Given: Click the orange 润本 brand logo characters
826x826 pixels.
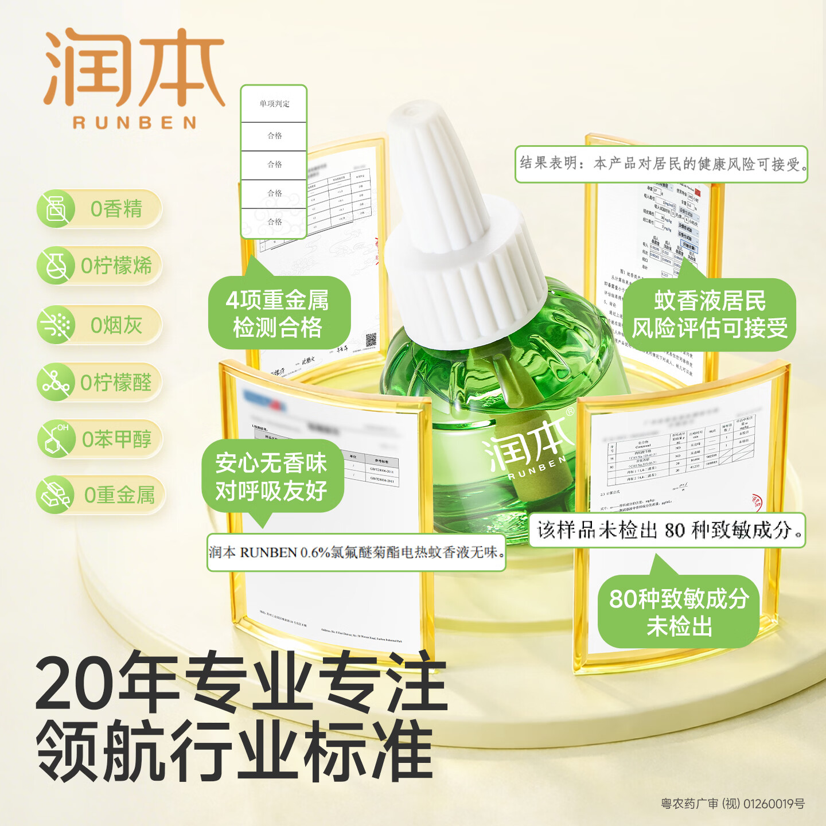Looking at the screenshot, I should [134, 68].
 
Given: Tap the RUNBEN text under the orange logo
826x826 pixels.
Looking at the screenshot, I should [135, 122].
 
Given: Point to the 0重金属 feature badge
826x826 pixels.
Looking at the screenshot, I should [101, 494].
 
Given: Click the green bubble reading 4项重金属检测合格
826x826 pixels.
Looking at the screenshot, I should [278, 313].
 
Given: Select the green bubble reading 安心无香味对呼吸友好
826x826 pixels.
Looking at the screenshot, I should [272, 476].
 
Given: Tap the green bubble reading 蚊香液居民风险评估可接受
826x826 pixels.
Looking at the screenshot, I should [710, 315].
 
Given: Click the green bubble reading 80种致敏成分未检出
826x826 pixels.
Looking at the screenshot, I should [679, 611].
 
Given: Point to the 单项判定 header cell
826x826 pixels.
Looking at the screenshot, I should [274, 104].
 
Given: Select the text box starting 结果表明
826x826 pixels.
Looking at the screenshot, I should [661, 164].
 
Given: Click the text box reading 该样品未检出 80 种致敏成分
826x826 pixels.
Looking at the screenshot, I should [667, 530].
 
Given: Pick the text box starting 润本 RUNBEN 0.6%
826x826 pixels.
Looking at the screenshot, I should [356, 552].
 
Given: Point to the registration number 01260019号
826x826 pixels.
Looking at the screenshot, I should [774, 804].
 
